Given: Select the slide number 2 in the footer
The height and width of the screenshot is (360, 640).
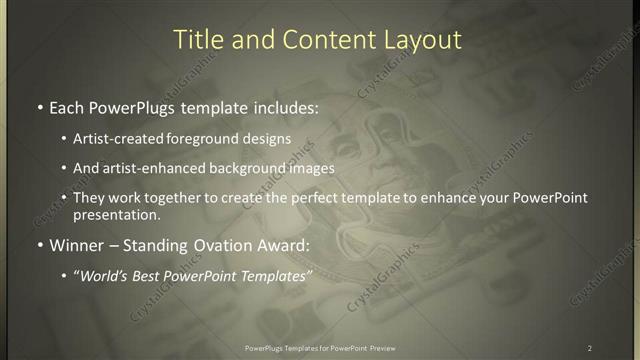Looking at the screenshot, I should (590, 348).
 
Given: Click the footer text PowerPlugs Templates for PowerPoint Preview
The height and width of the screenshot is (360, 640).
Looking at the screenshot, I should (319, 348).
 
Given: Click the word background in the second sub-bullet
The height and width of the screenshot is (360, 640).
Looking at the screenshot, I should (239, 168).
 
